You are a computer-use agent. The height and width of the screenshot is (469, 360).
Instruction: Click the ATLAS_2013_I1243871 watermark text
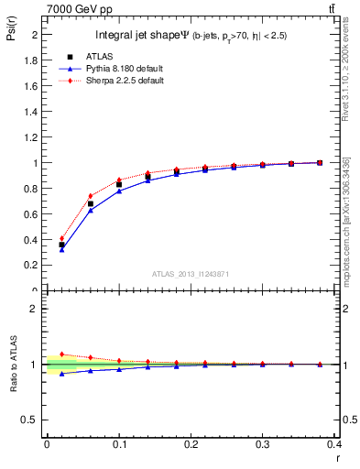tap(191, 274)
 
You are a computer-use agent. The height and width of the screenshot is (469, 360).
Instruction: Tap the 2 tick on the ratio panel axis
tap(34, 309)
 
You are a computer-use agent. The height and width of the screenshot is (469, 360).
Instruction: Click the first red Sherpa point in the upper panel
tap(61, 238)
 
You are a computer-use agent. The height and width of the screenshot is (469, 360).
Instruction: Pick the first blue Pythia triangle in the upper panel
tap(61, 249)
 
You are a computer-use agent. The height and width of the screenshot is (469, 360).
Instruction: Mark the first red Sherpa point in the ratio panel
tap(61, 354)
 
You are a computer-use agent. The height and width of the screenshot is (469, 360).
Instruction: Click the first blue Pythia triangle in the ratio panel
tap(61, 374)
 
